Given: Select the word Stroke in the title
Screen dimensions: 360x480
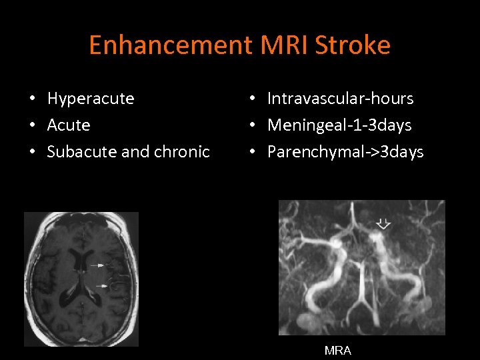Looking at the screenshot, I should (x=354, y=45).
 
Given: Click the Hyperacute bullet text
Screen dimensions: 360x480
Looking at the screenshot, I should (x=91, y=99).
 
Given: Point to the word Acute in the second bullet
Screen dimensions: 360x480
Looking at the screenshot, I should (x=69, y=125).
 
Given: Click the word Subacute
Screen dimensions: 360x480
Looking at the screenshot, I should (x=75, y=152).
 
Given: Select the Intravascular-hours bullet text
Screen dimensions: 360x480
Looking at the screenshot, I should (x=340, y=99).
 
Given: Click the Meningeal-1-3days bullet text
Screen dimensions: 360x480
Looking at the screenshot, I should (x=339, y=125).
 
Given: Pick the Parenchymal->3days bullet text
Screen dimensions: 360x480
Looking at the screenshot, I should (x=345, y=152).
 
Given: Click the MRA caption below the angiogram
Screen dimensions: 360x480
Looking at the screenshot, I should (x=338, y=351).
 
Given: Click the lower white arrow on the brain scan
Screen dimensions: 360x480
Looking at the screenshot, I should (x=101, y=285).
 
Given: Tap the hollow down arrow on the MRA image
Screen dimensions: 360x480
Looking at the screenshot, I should (x=383, y=224).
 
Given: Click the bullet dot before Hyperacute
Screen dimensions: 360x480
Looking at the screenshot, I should (x=33, y=99).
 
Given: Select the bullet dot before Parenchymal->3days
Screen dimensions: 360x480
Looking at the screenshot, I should (x=253, y=153).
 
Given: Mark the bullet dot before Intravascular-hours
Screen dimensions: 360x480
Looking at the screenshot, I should (x=253, y=99).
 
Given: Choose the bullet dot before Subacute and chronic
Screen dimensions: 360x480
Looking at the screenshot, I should (x=33, y=153).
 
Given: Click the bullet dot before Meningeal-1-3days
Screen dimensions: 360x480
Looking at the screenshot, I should (x=253, y=126).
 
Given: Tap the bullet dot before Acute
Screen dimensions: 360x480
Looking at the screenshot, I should (x=33, y=126).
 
